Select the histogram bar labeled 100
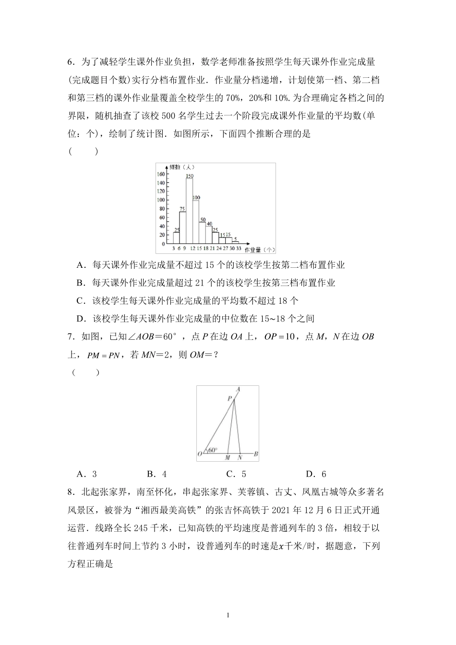pyautogui.click(x=196, y=221)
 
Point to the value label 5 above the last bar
pyautogui.click(x=236, y=239)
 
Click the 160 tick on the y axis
pyautogui.click(x=161, y=174)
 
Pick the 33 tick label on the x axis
pyautogui.click(x=239, y=249)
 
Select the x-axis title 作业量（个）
pyautogui.click(x=260, y=250)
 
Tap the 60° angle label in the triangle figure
pyautogui.click(x=212, y=450)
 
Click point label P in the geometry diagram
pyautogui.click(x=230, y=398)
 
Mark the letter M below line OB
pyautogui.click(x=227, y=458)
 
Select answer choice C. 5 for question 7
pyautogui.click(x=236, y=474)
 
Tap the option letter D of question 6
pyautogui.click(x=80, y=318)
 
